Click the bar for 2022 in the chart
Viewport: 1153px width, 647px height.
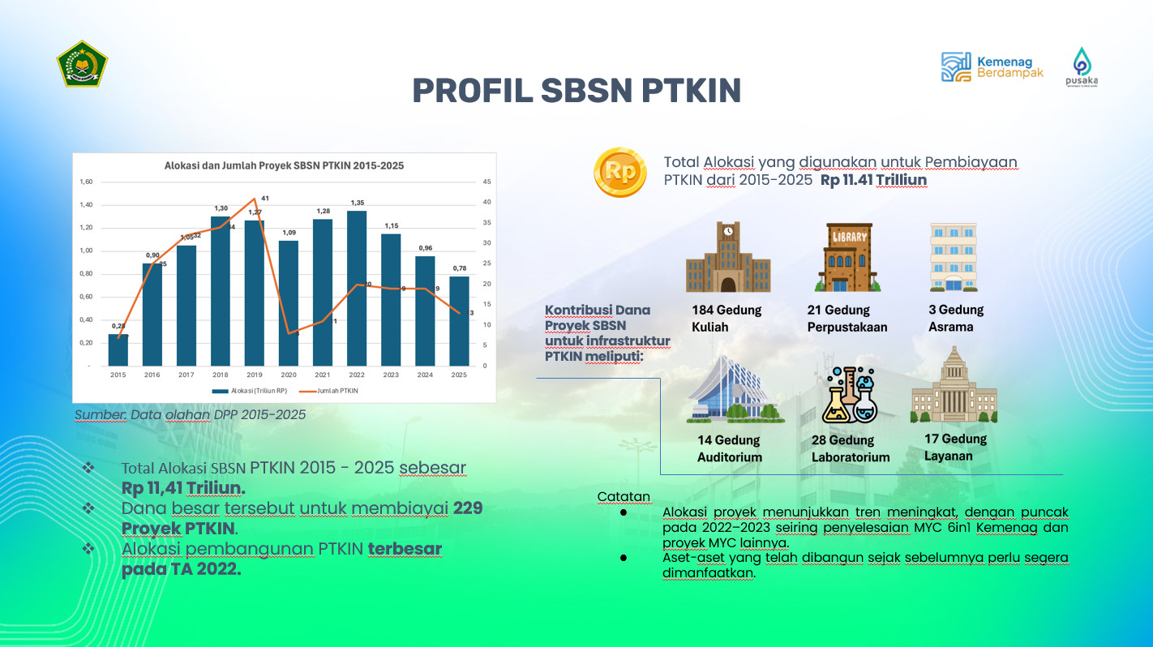click(x=357, y=288)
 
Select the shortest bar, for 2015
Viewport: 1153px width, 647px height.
click(x=118, y=349)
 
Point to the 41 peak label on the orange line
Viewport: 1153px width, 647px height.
click(x=265, y=198)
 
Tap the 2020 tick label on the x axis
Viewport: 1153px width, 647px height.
click(x=289, y=375)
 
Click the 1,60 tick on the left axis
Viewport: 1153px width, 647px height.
click(x=87, y=182)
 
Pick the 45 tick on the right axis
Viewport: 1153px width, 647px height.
click(x=485, y=182)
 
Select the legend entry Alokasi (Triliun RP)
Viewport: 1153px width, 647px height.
click(x=246, y=391)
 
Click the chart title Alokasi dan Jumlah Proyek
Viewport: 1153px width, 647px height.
click(x=284, y=165)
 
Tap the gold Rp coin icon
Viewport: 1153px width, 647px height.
click(x=619, y=172)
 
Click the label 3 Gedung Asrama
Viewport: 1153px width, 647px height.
click(x=956, y=318)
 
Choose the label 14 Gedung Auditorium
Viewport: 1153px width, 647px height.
click(x=729, y=448)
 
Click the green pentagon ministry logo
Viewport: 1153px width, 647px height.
click(x=82, y=63)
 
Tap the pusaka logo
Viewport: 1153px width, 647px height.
click(x=1082, y=66)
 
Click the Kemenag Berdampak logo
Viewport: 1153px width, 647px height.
click(x=992, y=67)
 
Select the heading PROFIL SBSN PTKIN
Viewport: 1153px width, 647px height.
click(x=576, y=91)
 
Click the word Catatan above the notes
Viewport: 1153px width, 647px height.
click(x=624, y=496)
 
